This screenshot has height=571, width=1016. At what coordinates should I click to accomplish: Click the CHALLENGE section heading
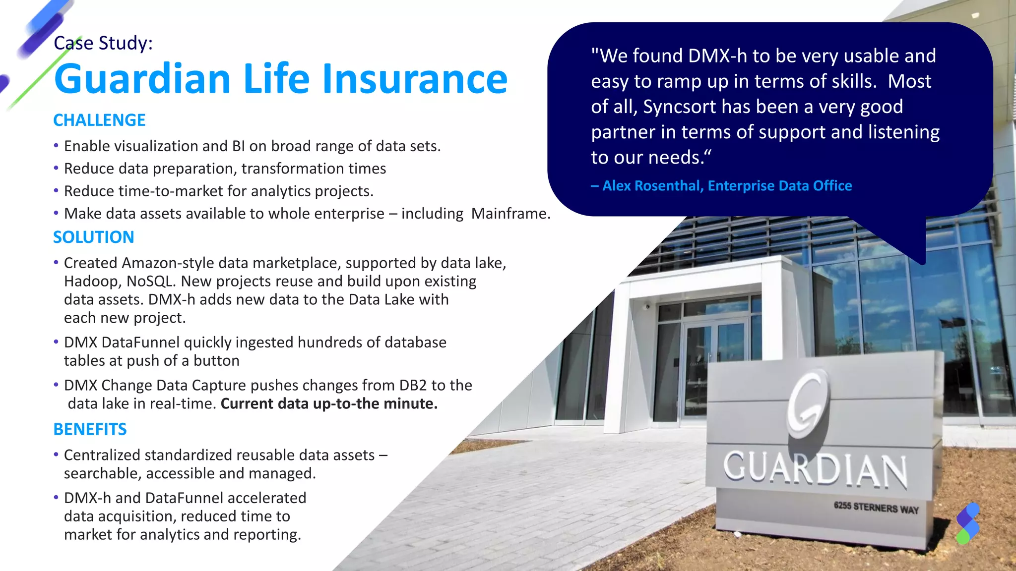tap(99, 120)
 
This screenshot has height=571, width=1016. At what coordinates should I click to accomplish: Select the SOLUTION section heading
tap(93, 237)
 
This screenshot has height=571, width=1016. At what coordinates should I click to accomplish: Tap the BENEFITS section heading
tap(90, 429)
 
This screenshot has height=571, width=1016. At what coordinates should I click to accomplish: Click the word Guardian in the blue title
tap(142, 79)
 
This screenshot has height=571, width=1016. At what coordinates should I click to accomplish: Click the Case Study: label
tap(103, 43)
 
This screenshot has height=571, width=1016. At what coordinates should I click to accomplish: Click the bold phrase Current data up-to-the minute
tap(328, 403)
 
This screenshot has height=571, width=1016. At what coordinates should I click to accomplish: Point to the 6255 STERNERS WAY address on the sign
tap(876, 508)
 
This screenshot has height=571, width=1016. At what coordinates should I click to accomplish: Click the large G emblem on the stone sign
tap(808, 404)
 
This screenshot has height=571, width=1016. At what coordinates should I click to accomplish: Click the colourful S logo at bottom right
tap(968, 523)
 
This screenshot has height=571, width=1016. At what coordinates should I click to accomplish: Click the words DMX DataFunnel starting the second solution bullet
tap(122, 343)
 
